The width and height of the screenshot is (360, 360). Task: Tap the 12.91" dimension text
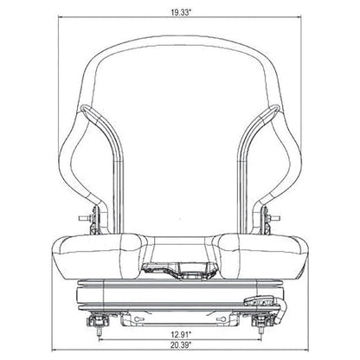[x=181, y=335]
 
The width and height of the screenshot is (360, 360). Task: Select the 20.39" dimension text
[x=181, y=344]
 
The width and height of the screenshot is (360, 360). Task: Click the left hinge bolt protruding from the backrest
[x=84, y=218]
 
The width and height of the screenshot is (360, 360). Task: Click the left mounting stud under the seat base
[x=99, y=332]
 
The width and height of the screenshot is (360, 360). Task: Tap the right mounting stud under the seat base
[x=260, y=332]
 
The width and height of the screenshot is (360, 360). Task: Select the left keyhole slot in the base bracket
[x=138, y=318]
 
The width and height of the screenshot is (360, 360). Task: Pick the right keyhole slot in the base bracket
[x=222, y=318]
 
